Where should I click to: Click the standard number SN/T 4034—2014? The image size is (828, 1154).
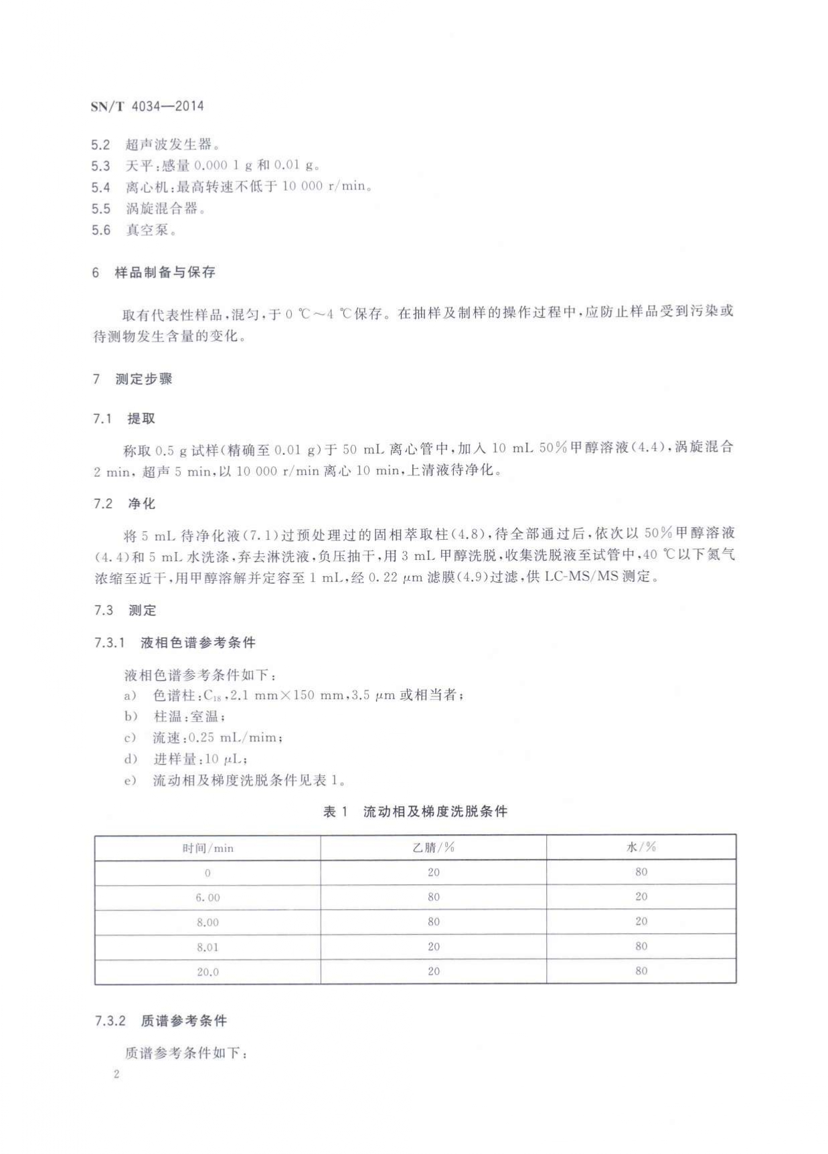[x=147, y=106]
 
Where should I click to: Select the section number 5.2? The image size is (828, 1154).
[x=100, y=145]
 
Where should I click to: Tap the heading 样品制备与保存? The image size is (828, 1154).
[x=165, y=272]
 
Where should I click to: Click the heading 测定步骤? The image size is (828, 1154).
[x=144, y=379]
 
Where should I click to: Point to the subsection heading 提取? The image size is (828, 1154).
[x=141, y=419]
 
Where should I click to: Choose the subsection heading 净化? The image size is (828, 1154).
[x=141, y=504]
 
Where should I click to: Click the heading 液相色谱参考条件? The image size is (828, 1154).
[x=198, y=643]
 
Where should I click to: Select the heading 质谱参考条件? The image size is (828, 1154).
[x=184, y=1021]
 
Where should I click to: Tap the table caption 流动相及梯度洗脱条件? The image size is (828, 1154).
[x=435, y=811]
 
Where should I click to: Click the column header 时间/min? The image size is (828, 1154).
[x=208, y=848]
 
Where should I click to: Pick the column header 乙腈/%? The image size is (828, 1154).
[x=433, y=848]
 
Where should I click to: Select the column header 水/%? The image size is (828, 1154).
[x=641, y=847]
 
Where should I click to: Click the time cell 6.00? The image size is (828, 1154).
[x=208, y=898]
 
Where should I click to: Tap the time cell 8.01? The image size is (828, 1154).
[x=208, y=947]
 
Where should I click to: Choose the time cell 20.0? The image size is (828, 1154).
[x=208, y=972]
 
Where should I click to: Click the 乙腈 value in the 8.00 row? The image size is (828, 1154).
[x=434, y=922]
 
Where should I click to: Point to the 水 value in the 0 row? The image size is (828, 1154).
[x=641, y=872]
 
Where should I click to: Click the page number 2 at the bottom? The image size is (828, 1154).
[x=116, y=1075]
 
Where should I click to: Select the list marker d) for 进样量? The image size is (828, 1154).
[x=130, y=759]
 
